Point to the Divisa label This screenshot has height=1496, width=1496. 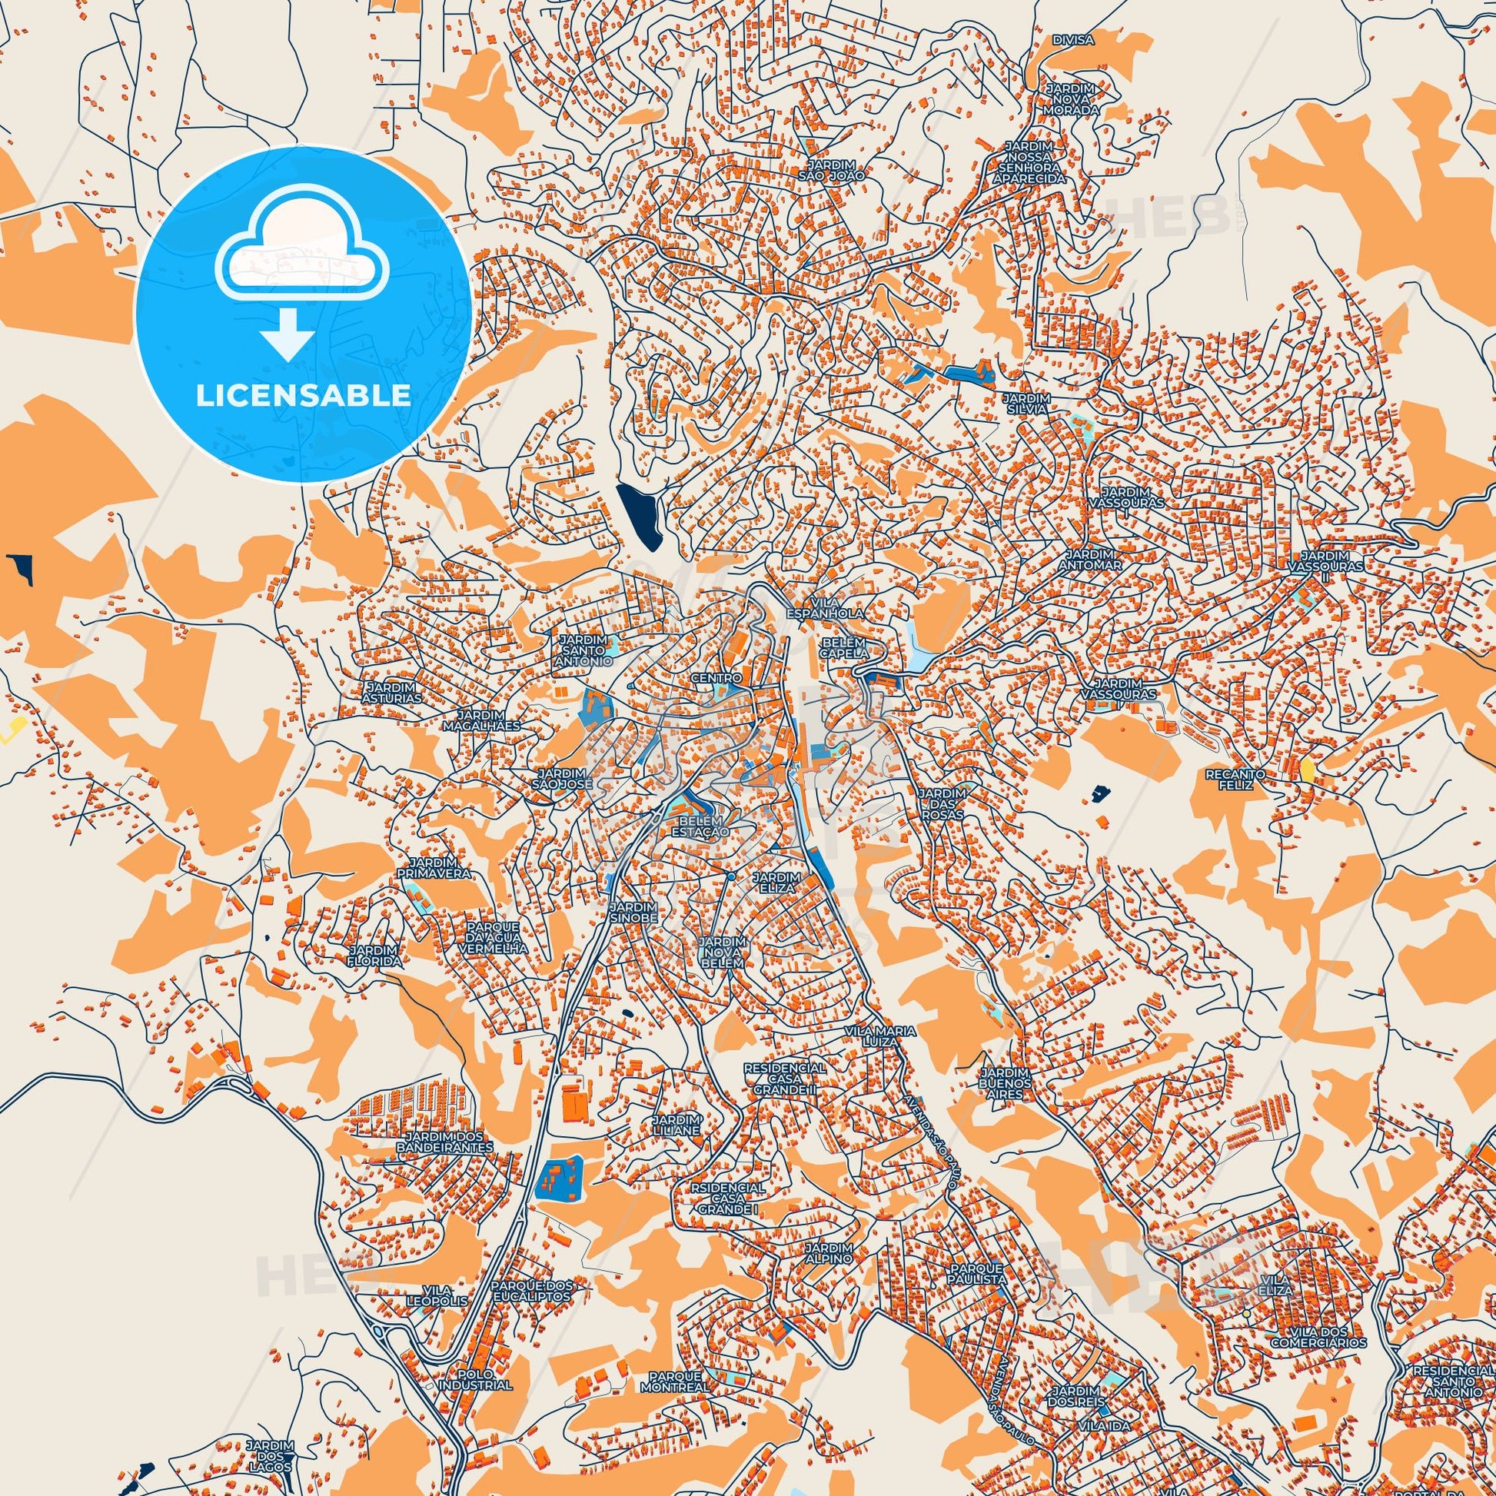(x=1073, y=39)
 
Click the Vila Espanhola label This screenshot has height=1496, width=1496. (x=825, y=607)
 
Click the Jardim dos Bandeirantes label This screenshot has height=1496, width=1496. (x=444, y=1142)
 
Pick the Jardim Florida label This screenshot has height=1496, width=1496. (x=375, y=956)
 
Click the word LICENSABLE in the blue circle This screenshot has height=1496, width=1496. (x=303, y=396)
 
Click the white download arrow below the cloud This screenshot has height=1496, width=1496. (x=287, y=334)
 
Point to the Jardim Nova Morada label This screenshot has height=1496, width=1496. (x=1072, y=99)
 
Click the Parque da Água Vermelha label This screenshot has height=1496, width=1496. (x=498, y=937)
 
